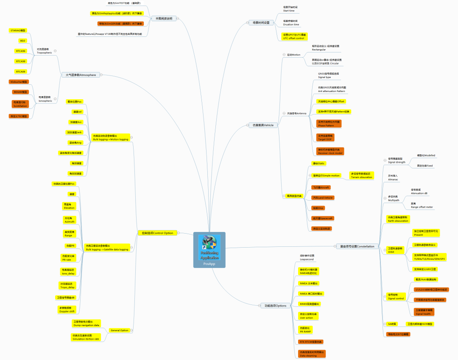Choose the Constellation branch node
click(x=357, y=246)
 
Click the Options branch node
click(x=276, y=305)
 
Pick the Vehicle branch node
click(x=263, y=125)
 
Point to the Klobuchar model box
click(x=19, y=82)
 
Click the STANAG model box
click(x=18, y=31)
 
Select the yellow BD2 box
click(x=22, y=41)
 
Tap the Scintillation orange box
click(x=20, y=104)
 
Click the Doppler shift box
click(x=67, y=310)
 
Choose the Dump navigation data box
click(x=86, y=324)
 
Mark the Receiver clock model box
click(x=330, y=151)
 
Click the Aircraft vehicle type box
click(x=320, y=187)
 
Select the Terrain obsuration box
click(x=361, y=175)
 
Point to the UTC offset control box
click(x=293, y=36)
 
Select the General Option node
click(x=119, y=330)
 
